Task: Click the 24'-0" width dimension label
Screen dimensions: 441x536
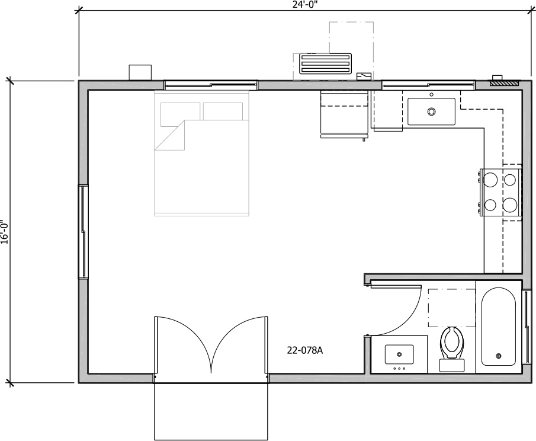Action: click(x=304, y=4)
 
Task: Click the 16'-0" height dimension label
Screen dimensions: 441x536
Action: click(x=4, y=232)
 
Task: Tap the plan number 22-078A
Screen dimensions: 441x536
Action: click(x=304, y=350)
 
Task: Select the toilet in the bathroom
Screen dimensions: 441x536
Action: click(x=452, y=347)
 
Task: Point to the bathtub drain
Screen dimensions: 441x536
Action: click(x=498, y=356)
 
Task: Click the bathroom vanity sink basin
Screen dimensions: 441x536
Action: click(x=399, y=354)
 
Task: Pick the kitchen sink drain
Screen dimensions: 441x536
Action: click(x=431, y=111)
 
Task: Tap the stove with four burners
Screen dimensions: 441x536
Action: click(x=501, y=191)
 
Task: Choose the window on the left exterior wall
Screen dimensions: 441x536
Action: click(x=84, y=232)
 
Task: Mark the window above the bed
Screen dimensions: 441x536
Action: click(x=211, y=85)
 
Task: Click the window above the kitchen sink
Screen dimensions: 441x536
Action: click(x=428, y=85)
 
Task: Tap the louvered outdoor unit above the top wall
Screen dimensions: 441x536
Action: click(x=325, y=63)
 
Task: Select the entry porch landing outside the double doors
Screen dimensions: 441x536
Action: click(x=211, y=411)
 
